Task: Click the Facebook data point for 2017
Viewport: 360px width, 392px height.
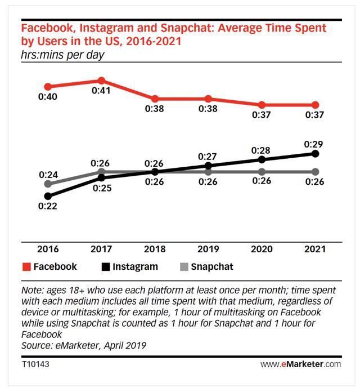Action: (x=102, y=81)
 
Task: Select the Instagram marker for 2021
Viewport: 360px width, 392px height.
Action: (x=316, y=153)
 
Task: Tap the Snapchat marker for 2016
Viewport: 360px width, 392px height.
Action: (x=48, y=184)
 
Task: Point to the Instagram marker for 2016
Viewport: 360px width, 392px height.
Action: (x=48, y=196)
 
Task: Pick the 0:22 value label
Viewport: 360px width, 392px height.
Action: (x=48, y=207)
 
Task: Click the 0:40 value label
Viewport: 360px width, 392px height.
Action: (x=48, y=97)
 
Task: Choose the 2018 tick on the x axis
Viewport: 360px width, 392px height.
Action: (x=155, y=249)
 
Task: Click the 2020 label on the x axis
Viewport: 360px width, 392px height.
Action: (x=262, y=249)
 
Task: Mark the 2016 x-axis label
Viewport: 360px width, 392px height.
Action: (x=48, y=249)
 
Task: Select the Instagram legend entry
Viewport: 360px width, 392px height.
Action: (x=129, y=266)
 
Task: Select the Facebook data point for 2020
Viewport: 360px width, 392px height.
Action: (x=262, y=105)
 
